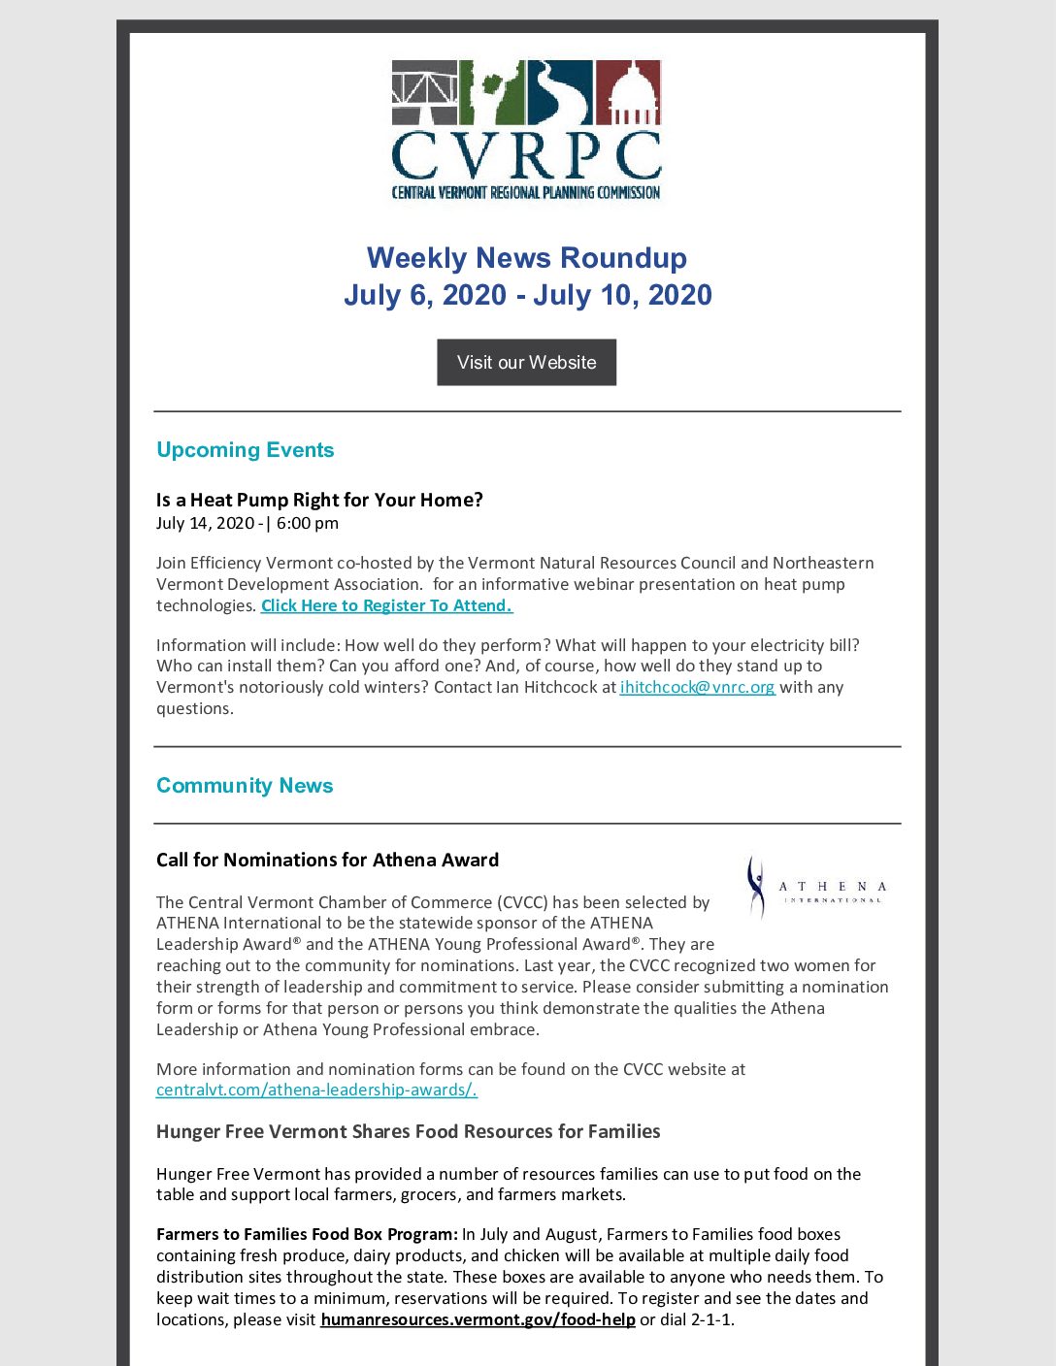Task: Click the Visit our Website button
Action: [x=526, y=362]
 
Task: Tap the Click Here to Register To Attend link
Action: [x=386, y=605]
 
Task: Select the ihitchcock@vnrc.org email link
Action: [x=697, y=687]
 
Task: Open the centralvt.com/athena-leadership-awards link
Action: [x=316, y=1090]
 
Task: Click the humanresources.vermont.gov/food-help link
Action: [x=478, y=1319]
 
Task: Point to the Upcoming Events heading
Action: [x=245, y=450]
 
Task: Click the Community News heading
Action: [x=245, y=786]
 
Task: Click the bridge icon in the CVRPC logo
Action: [x=424, y=93]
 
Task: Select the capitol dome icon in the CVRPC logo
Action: [x=628, y=93]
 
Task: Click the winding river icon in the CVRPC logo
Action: [x=560, y=93]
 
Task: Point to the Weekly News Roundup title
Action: [x=526, y=258]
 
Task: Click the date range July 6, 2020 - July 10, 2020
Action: [x=527, y=295]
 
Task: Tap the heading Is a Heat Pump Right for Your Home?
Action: [x=319, y=500]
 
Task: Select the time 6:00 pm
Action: [x=308, y=523]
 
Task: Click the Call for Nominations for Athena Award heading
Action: [x=327, y=860]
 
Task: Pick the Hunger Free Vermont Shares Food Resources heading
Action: [x=408, y=1131]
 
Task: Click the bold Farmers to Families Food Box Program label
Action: [x=307, y=1234]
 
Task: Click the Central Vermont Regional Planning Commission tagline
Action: [x=526, y=192]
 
